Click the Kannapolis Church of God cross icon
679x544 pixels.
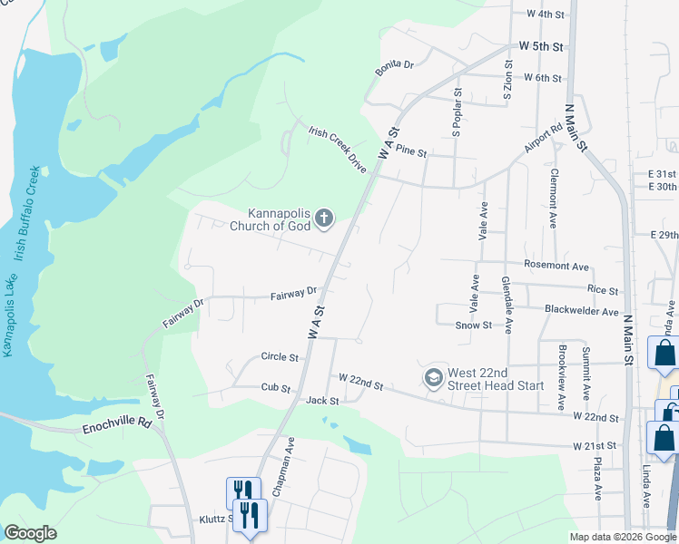pos(324,218)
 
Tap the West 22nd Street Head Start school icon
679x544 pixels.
pos(435,376)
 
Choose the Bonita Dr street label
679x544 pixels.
pos(395,65)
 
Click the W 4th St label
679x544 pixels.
pos(546,15)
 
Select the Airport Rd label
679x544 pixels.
pos(544,140)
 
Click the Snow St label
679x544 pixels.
pos(473,325)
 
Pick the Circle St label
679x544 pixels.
pos(280,357)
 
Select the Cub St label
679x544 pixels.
pos(274,388)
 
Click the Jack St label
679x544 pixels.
pos(322,400)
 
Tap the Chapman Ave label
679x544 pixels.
pos(290,460)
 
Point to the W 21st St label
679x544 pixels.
pos(595,446)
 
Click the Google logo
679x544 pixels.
pos(30,533)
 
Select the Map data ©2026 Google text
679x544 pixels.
pos(622,537)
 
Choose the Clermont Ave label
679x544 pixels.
pos(552,200)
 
